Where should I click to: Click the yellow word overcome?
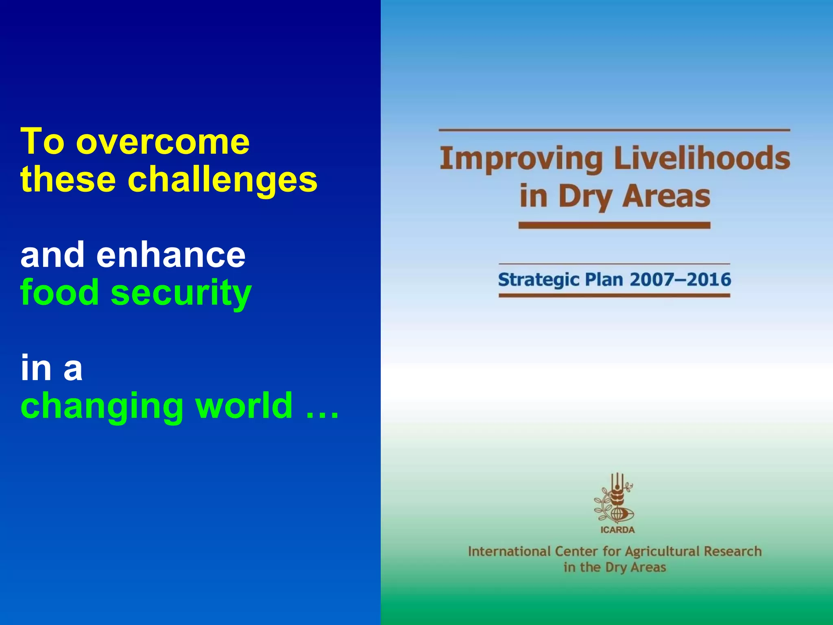[x=163, y=142]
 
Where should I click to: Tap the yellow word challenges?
[x=222, y=180]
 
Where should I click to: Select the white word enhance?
[x=171, y=255]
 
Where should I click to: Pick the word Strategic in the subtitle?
[x=539, y=280]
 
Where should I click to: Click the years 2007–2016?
[x=680, y=280]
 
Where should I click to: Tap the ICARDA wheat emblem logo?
[x=614, y=498]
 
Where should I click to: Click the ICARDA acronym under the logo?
[x=617, y=530]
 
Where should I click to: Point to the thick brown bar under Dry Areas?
[x=614, y=225]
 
